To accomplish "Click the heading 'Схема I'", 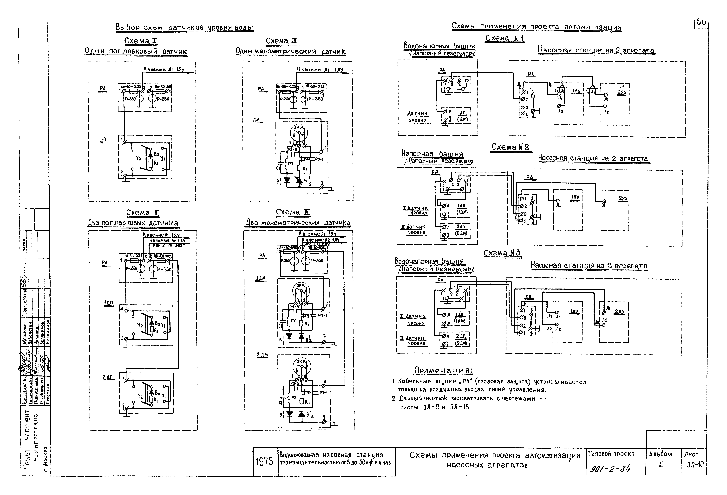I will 140,41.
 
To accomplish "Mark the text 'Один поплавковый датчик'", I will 136,51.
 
